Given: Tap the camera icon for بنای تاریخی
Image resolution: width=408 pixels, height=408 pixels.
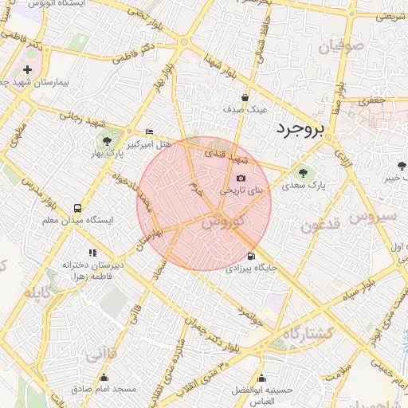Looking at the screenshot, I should click(241, 178).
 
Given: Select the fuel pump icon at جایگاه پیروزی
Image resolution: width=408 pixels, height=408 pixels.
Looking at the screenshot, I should click(252, 256).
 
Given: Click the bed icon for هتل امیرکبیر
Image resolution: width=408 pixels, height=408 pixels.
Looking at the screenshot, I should click(150, 131).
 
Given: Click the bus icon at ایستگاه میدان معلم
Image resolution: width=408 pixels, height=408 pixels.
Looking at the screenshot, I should click(78, 207).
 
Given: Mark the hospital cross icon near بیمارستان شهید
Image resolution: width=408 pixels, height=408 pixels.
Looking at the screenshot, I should click(28, 70).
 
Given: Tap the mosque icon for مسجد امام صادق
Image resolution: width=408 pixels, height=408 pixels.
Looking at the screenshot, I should click(103, 378).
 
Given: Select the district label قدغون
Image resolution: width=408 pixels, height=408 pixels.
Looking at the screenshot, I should click(321, 226).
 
